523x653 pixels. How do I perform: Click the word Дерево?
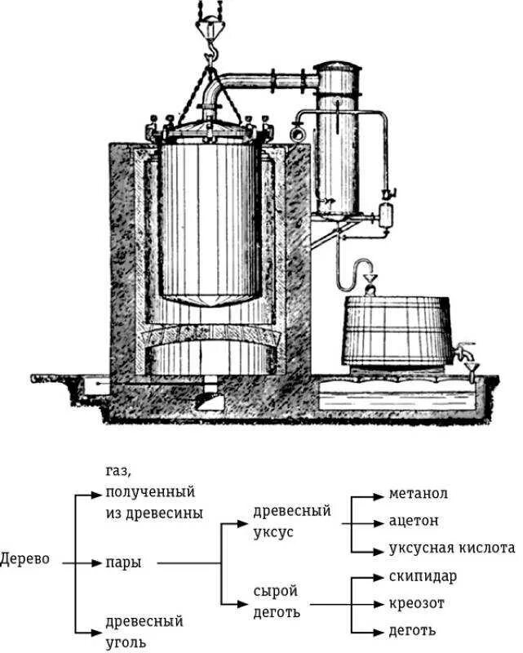point(25,562)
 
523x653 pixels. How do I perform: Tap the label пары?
point(122,562)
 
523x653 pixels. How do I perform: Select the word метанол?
point(418,494)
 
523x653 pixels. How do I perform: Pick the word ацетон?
point(414,520)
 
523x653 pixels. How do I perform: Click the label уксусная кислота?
point(452,548)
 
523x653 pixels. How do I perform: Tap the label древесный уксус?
point(292,520)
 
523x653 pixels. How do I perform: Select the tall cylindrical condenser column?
point(336,139)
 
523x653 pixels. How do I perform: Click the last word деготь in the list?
point(412,631)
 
